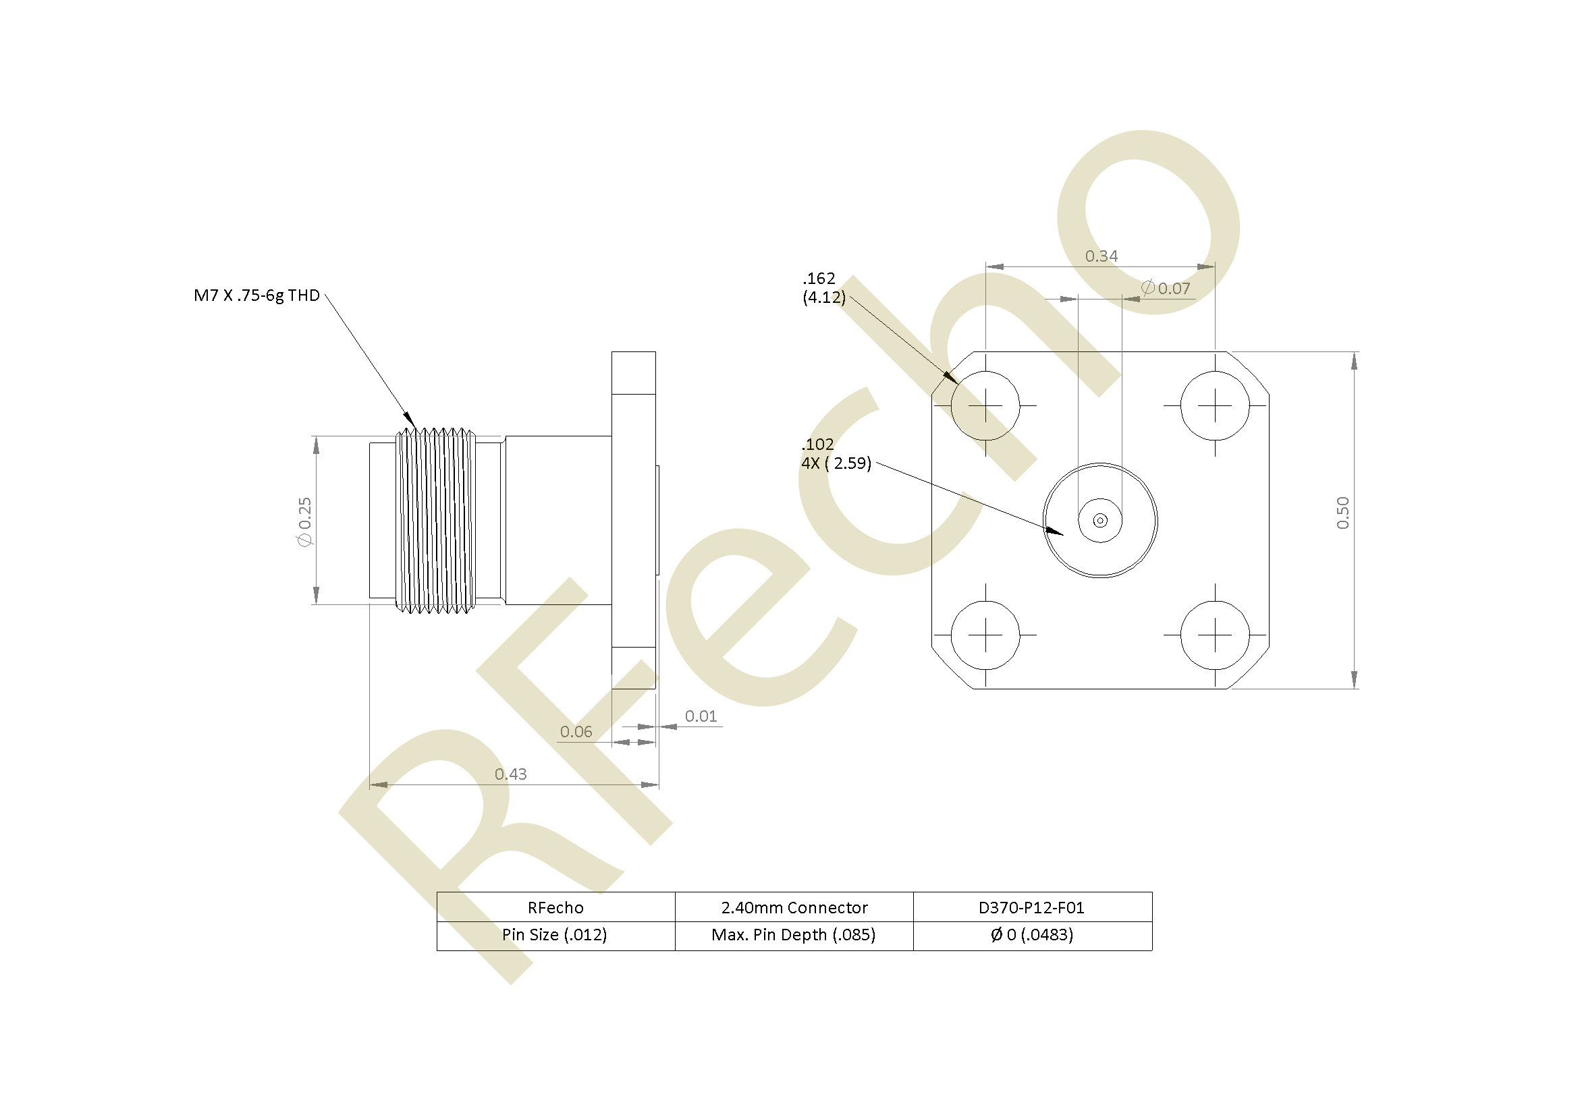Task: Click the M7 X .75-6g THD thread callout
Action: [257, 295]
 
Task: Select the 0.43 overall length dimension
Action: [511, 774]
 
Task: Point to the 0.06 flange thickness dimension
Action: [576, 732]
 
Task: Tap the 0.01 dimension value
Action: [701, 716]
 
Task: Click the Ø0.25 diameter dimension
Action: [304, 521]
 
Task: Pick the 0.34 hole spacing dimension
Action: [1101, 256]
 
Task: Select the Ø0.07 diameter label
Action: [1166, 289]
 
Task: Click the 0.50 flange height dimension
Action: [1343, 513]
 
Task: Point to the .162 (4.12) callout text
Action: [824, 288]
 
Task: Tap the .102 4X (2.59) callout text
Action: [836, 454]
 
